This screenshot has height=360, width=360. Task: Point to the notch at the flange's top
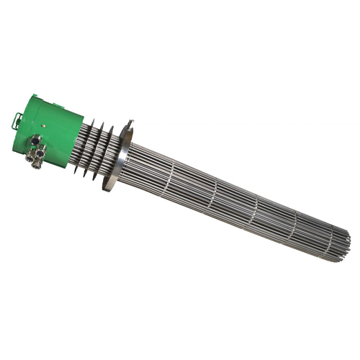[x=130, y=123]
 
